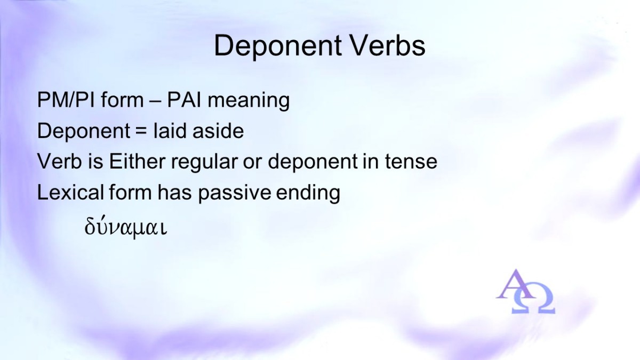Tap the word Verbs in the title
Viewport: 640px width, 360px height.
pyautogui.click(x=388, y=45)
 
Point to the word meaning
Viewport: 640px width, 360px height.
pyautogui.click(x=249, y=101)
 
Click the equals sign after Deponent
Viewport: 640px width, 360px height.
pyautogui.click(x=142, y=131)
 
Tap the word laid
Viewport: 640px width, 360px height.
pyautogui.click(x=170, y=131)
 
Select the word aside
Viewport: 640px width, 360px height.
pyautogui.click(x=218, y=131)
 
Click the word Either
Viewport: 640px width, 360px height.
pyautogui.click(x=137, y=161)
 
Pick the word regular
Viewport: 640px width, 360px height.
pyautogui.click(x=204, y=163)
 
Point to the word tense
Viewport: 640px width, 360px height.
pyautogui.click(x=411, y=162)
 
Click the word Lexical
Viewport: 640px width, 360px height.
pyautogui.click(x=70, y=192)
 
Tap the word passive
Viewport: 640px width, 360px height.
pyautogui.click(x=234, y=193)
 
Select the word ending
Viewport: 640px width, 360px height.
pyautogui.click(x=308, y=193)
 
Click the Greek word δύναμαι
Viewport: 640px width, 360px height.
pyautogui.click(x=125, y=227)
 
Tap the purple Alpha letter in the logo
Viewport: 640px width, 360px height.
pyautogui.click(x=514, y=284)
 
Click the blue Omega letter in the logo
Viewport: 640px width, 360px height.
pyautogui.click(x=533, y=299)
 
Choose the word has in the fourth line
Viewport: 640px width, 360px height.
pyautogui.click(x=174, y=192)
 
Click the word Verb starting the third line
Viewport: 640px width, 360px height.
pyautogui.click(x=59, y=162)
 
